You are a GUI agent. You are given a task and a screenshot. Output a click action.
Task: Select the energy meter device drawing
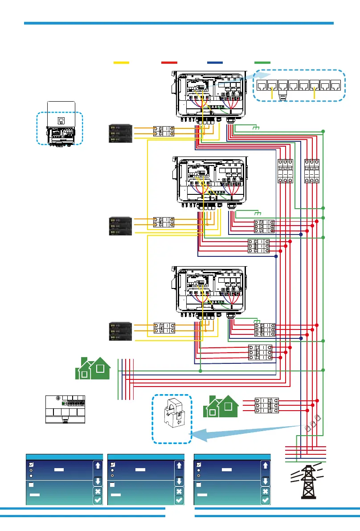pos(65,409)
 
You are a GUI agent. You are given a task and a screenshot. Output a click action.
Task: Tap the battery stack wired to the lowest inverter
pos(121,330)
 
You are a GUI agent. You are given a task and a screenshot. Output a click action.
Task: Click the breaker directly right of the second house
pos(266,405)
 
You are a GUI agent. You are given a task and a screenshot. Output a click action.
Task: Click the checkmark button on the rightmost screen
pos(265,500)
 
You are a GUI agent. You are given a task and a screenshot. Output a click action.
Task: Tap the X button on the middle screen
pos(179,491)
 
